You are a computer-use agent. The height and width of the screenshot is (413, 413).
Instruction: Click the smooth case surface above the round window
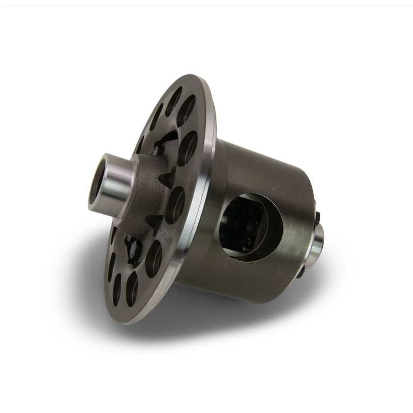pyautogui.click(x=258, y=165)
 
